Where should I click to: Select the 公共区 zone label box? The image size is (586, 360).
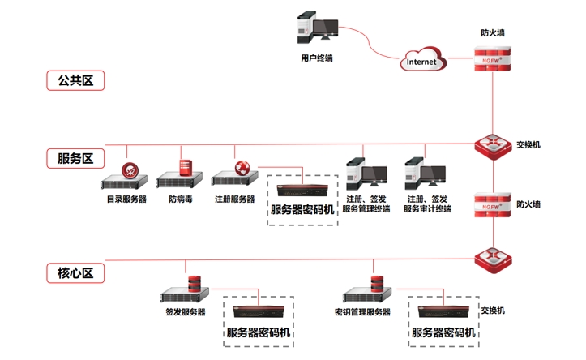[75, 80]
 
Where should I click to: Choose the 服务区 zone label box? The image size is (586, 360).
[75, 158]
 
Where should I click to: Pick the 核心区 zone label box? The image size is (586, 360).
[75, 273]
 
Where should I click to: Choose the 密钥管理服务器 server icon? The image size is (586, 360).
[366, 293]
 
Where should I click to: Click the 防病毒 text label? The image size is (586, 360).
[181, 199]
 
